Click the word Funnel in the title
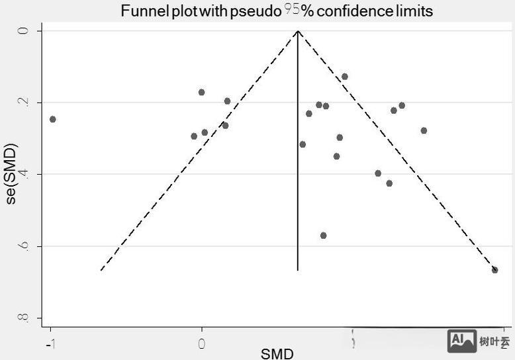point(141,11)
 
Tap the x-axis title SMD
point(277,353)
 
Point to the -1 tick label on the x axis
point(48,343)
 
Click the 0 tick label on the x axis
point(202,343)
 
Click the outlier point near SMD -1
point(53,119)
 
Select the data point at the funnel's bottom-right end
point(494,270)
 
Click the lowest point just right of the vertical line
point(323,236)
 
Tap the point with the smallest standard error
point(344,77)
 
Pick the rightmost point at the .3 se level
point(424,130)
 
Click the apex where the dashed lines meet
point(298,31)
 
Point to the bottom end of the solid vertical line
point(298,270)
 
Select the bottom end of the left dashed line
point(101,270)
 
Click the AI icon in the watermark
point(461,340)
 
